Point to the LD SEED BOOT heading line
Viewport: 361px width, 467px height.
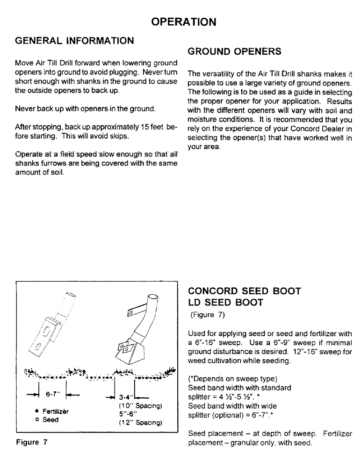(225, 303)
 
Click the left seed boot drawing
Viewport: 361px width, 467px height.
(50, 322)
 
